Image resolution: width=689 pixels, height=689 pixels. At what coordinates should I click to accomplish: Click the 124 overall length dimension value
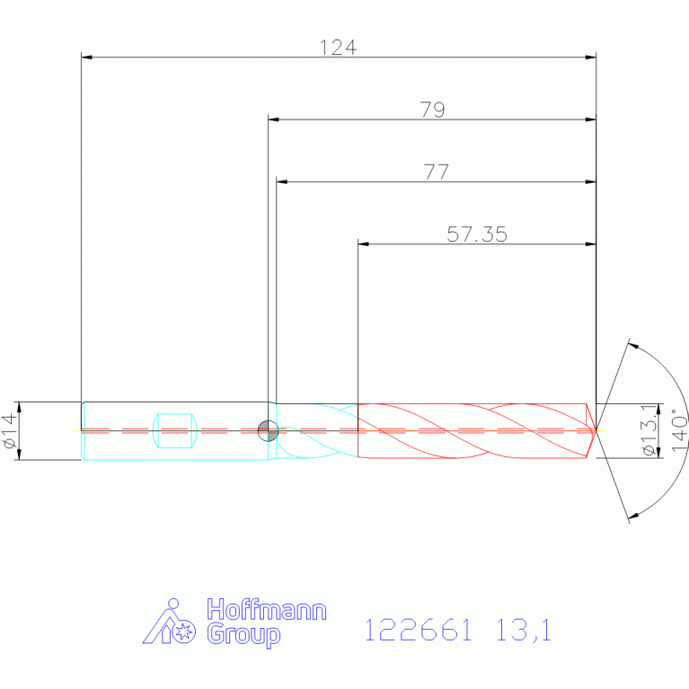338,48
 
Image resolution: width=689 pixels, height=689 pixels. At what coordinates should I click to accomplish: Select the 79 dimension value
433,110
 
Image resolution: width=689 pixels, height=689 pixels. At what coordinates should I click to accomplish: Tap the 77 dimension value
437,172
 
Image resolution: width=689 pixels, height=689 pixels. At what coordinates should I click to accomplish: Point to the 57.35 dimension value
477,234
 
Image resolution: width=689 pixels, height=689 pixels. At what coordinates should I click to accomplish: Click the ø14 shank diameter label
11,430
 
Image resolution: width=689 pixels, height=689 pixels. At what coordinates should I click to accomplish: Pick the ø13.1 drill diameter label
649,430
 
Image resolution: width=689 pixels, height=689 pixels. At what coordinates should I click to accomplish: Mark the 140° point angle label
679,429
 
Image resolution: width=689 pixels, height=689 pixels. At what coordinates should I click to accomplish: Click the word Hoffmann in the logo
267,610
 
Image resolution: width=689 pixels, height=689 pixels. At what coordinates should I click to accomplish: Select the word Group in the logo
243,634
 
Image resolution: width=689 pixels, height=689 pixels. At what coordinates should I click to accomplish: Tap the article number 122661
419,630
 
